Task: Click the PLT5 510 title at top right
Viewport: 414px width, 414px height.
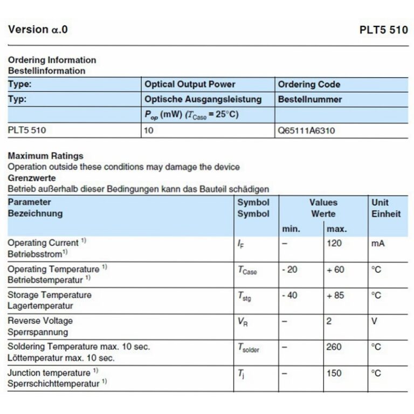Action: [383, 30]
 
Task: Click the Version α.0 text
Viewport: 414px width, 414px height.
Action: [38, 30]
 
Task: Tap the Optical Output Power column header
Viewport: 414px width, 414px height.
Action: [190, 84]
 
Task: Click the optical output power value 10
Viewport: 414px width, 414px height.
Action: [149, 130]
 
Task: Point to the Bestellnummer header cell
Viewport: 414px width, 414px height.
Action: [309, 99]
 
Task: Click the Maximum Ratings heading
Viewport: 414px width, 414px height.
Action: [45, 156]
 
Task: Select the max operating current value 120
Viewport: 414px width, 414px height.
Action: [334, 243]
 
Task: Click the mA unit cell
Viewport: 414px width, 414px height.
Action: [378, 243]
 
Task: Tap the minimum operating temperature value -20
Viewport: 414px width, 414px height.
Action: [289, 269]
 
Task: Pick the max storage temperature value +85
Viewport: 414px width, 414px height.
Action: [335, 295]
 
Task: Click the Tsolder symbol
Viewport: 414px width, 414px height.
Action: [249, 348]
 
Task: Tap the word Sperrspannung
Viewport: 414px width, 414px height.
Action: [38, 332]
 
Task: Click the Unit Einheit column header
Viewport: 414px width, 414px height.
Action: [386, 208]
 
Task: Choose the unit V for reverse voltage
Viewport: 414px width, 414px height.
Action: [374, 321]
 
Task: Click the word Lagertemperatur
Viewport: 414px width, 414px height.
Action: [40, 306]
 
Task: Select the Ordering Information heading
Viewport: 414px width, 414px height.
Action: [52, 60]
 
